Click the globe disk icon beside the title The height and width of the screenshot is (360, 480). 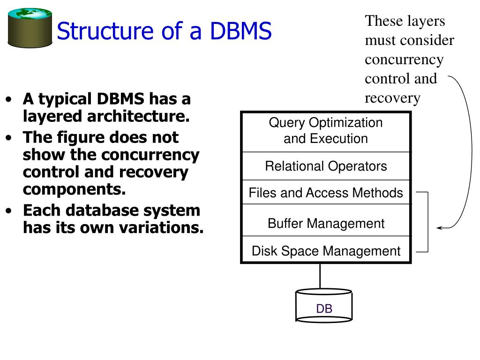click(x=30, y=28)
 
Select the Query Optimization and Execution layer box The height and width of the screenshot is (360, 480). click(x=326, y=131)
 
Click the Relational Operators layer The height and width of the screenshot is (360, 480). click(x=326, y=166)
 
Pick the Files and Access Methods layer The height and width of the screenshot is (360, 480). click(x=326, y=193)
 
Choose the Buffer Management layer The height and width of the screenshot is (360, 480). click(x=326, y=223)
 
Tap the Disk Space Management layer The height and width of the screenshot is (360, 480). click(x=326, y=251)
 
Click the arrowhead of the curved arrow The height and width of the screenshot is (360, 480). click(x=439, y=228)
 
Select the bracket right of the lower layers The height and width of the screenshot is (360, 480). click(x=427, y=222)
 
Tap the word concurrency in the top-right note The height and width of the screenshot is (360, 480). click(x=404, y=60)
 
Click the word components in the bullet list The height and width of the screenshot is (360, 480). click(x=74, y=189)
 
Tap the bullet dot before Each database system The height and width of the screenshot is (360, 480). click(x=9, y=211)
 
